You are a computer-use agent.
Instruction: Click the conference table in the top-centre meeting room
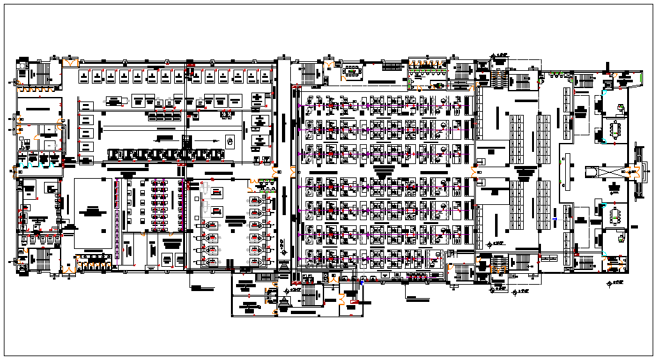click(352, 71)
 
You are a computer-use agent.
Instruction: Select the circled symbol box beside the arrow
click(230, 140)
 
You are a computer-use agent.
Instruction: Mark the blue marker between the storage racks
click(554, 220)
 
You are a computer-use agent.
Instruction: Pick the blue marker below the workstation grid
click(362, 281)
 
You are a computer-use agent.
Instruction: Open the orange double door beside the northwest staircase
click(70, 63)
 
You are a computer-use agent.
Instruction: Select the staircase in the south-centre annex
click(311, 294)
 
